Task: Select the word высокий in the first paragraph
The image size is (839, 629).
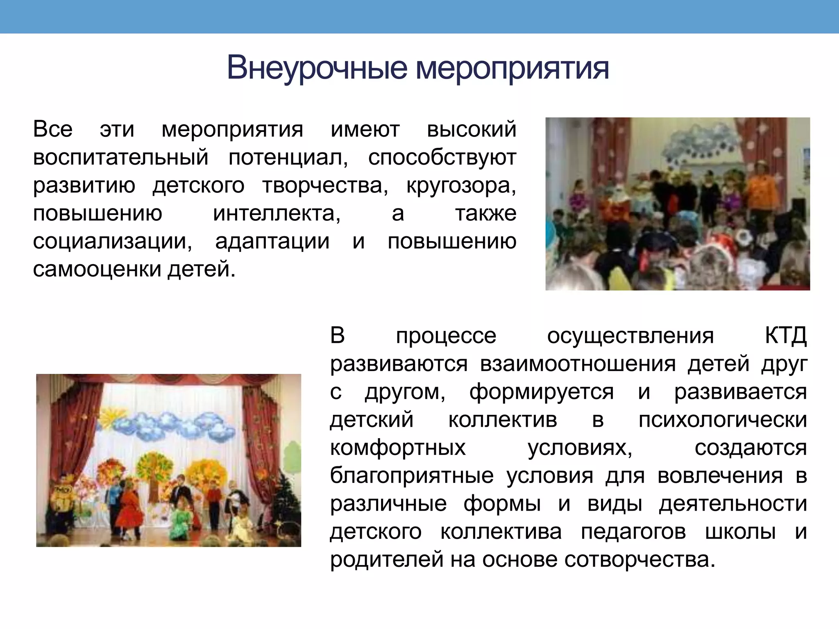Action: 471,130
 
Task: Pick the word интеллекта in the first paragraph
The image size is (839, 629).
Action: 277,214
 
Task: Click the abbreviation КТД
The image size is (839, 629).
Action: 785,336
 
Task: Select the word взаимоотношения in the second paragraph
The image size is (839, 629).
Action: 578,364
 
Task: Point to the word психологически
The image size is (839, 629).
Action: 723,420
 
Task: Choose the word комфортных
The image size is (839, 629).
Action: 398,448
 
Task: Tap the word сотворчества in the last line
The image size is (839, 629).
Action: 639,560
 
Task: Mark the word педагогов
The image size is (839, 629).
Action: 633,532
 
